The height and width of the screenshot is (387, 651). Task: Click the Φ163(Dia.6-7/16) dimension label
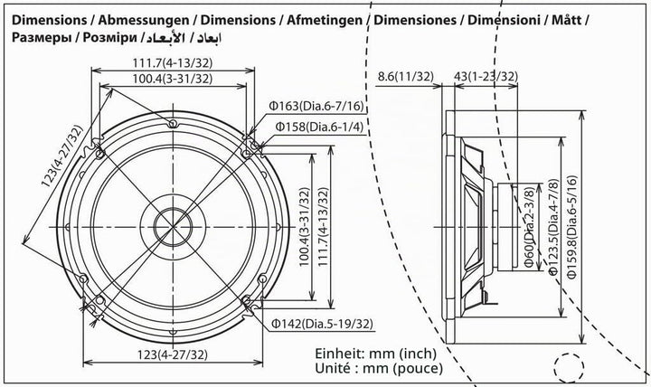(x=316, y=107)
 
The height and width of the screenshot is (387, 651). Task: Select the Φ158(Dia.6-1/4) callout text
(x=319, y=127)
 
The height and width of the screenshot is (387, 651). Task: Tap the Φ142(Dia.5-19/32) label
(x=322, y=324)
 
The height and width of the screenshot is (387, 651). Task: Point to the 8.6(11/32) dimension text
(x=406, y=76)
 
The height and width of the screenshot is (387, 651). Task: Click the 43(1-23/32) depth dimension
(x=486, y=76)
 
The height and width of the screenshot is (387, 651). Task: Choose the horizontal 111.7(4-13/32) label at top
(x=173, y=63)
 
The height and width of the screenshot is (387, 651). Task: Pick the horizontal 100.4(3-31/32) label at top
(x=173, y=79)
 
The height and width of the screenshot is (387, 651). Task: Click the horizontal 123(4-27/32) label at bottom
(x=173, y=354)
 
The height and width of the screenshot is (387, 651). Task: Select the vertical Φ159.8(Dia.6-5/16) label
(x=572, y=227)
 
